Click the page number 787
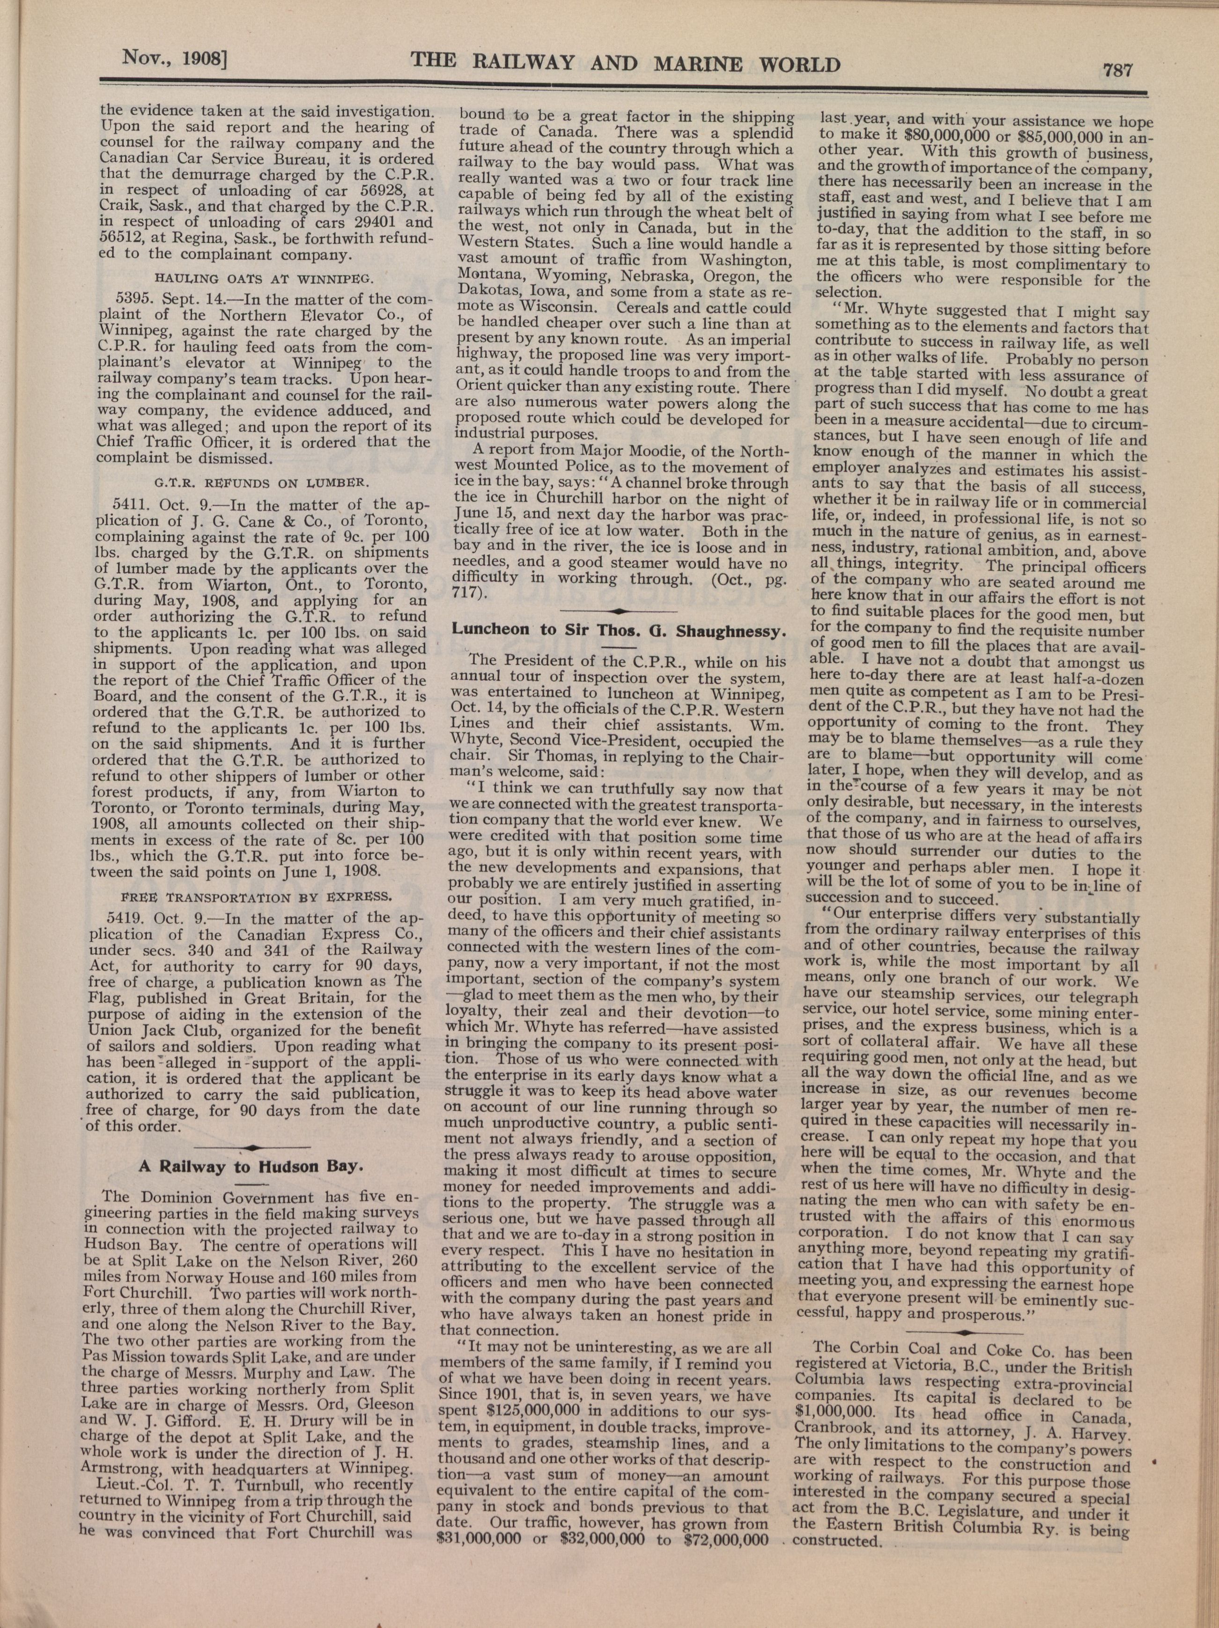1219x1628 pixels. tap(1117, 70)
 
